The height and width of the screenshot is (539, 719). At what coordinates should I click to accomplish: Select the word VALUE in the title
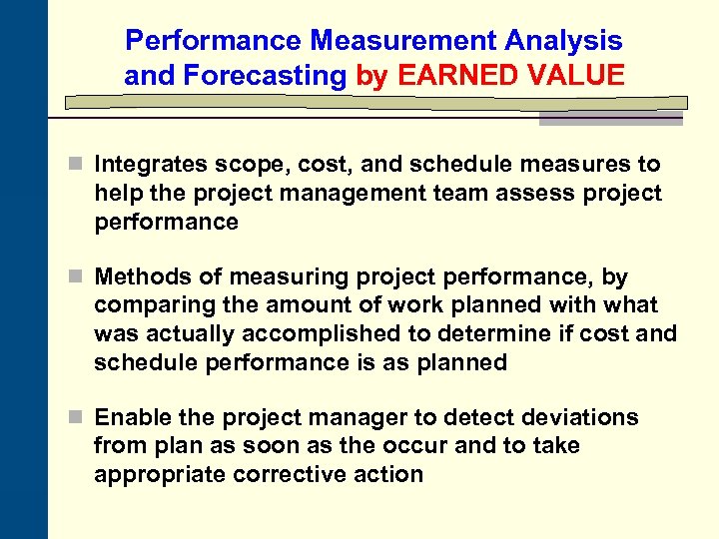(580, 75)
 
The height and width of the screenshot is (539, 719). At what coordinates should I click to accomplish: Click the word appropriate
(160, 474)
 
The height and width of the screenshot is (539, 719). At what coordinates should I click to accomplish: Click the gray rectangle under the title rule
(611, 118)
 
